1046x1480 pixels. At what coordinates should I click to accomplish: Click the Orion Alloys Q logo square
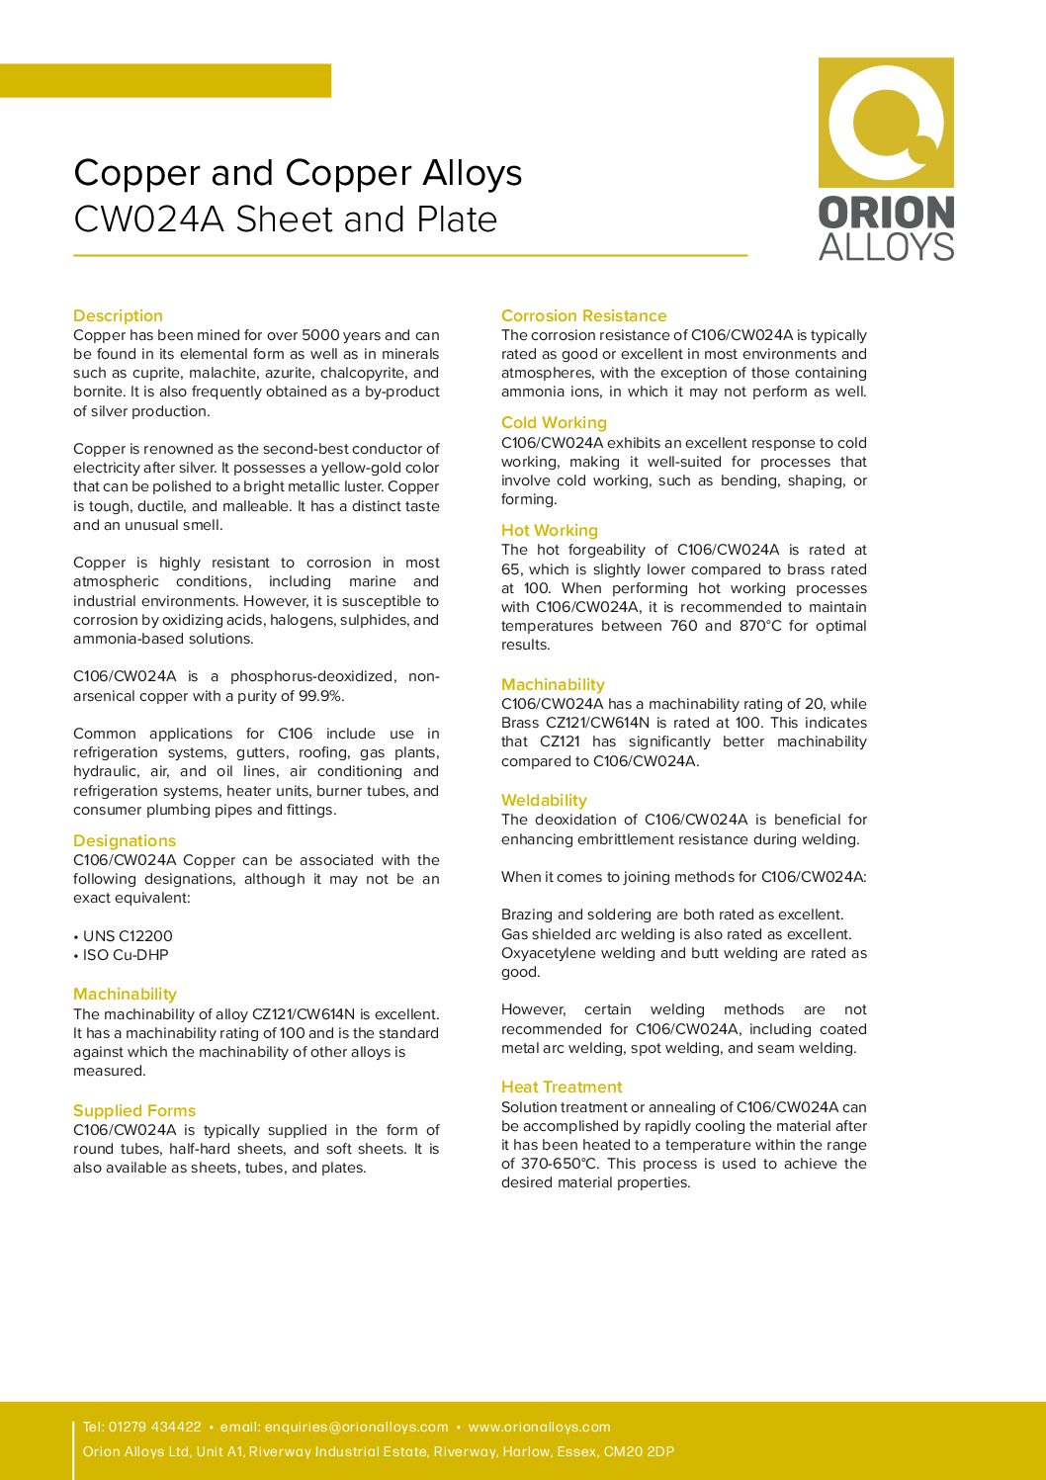[x=886, y=123]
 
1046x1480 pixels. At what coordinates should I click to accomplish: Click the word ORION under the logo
[x=886, y=213]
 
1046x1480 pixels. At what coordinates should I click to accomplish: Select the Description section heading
[x=118, y=315]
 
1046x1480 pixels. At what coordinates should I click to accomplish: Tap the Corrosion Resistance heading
[x=583, y=315]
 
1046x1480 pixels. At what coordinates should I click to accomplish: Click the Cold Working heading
[x=554, y=422]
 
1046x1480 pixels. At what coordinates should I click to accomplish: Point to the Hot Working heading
[x=549, y=530]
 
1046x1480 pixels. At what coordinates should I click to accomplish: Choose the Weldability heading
[x=544, y=800]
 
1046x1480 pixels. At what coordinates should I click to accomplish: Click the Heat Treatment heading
[x=562, y=1087]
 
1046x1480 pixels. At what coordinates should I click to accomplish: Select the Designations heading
[x=125, y=840]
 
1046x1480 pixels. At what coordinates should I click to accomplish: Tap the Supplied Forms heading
[x=134, y=1110]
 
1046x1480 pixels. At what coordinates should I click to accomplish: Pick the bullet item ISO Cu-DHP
[x=126, y=955]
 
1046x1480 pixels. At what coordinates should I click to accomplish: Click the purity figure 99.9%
[x=320, y=696]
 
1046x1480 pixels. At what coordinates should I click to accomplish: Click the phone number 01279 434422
[x=154, y=1427]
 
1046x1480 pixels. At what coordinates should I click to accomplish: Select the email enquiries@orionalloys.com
[x=356, y=1427]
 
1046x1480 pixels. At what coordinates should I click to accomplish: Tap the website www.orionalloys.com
[x=539, y=1427]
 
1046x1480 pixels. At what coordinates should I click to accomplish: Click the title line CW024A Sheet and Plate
[x=285, y=219]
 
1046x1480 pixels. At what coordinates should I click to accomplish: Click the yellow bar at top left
[x=165, y=80]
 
